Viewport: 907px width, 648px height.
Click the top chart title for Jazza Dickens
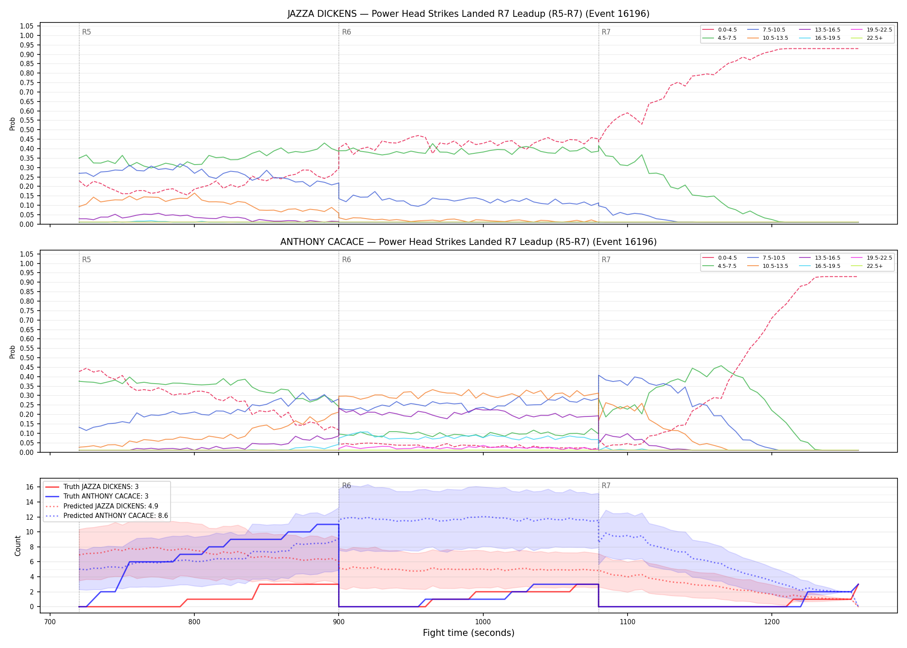coord(468,14)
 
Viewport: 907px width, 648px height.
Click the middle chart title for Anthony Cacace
coord(468,242)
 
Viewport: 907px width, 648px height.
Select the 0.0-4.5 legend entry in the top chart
coord(720,30)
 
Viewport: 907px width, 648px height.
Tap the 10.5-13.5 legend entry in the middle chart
coord(767,266)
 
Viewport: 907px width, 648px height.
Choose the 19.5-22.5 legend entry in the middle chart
coord(871,258)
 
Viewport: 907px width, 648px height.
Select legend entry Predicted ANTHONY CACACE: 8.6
coord(106,516)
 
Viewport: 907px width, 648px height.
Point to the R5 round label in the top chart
coord(86,32)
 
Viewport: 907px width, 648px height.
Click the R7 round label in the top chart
coord(606,32)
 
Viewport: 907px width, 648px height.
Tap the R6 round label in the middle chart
coord(346,260)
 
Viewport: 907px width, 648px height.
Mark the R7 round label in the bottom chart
coord(606,486)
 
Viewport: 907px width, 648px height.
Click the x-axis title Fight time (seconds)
coord(469,633)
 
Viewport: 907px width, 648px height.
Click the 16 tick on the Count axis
coord(30,487)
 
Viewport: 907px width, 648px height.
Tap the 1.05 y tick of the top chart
coord(27,26)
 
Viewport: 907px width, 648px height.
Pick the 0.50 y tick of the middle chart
coord(27,358)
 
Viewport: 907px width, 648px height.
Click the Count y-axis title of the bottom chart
coord(18,546)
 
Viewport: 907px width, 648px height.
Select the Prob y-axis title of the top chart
coord(13,124)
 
